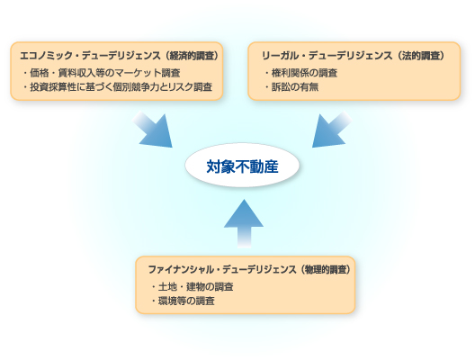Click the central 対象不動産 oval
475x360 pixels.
pyautogui.click(x=242, y=166)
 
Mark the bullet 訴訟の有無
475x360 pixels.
pyautogui.click(x=288, y=86)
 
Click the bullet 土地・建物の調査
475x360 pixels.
pyautogui.click(x=191, y=286)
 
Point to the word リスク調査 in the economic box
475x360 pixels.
pyautogui.click(x=193, y=86)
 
